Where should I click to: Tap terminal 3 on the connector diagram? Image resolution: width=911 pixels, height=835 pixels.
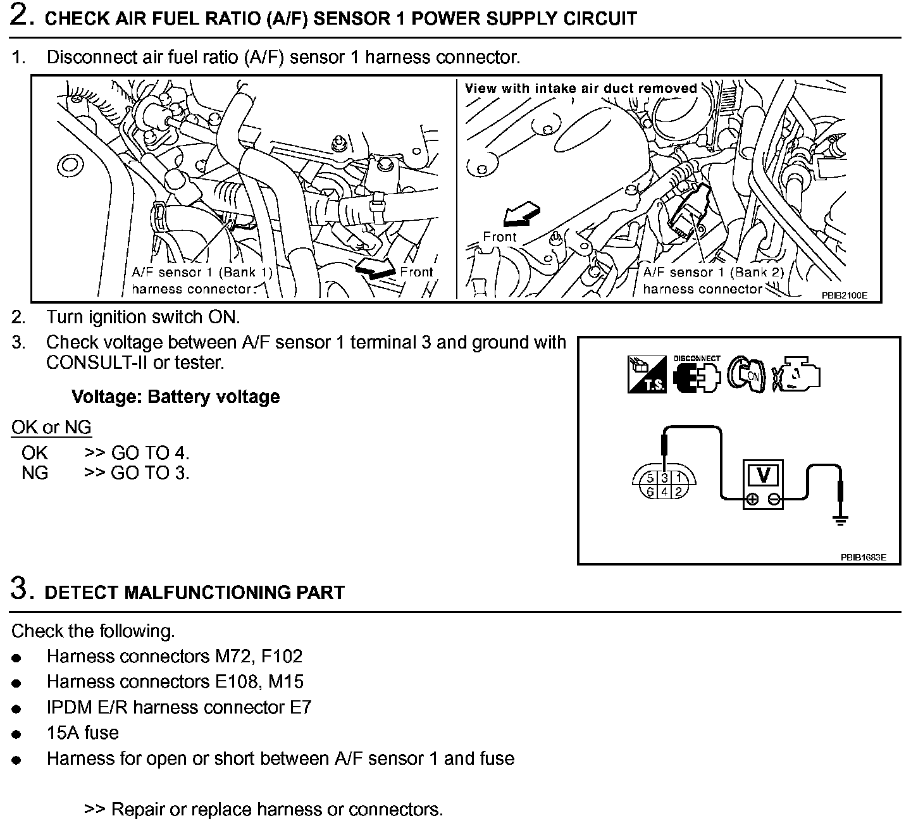click(x=665, y=478)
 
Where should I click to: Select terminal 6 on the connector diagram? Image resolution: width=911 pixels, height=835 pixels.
click(x=650, y=492)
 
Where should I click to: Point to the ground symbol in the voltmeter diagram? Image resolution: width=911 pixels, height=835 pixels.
click(x=841, y=521)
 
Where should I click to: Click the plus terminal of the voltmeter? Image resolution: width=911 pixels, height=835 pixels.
click(x=752, y=500)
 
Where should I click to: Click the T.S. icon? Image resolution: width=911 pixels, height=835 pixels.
click(x=647, y=374)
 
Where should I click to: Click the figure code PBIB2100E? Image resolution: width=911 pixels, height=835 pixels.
click(x=845, y=295)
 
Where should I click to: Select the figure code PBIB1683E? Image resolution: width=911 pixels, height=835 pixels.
click(x=863, y=557)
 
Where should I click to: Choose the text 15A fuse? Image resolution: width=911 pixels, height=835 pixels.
click(x=83, y=733)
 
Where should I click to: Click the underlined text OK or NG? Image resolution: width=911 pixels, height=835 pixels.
click(x=51, y=428)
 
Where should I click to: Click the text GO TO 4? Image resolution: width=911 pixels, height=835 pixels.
click(x=150, y=453)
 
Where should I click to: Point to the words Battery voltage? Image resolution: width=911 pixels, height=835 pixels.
click(x=213, y=397)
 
